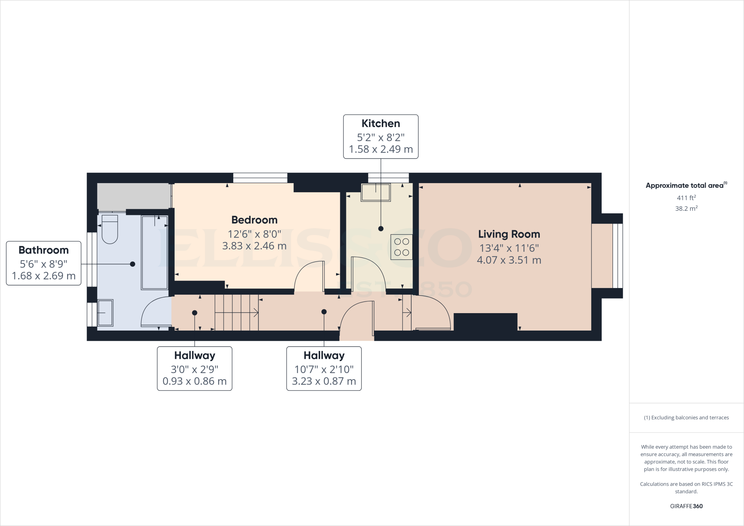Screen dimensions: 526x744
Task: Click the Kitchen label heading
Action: click(381, 124)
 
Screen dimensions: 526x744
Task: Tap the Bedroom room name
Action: click(254, 220)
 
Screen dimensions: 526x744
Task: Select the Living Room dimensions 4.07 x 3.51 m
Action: click(509, 260)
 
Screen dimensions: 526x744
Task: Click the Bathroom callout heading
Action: click(44, 250)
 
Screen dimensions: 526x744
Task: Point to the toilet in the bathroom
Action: click(110, 229)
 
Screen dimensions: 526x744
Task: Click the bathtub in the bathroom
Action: click(155, 253)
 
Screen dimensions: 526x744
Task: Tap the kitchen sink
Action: click(376, 193)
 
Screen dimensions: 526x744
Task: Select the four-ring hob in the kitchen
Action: click(401, 247)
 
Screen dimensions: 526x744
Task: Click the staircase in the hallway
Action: click(236, 312)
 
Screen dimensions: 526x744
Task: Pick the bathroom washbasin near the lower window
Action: click(105, 313)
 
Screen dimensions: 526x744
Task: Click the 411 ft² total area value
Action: click(686, 198)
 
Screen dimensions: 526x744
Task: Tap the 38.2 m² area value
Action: click(686, 209)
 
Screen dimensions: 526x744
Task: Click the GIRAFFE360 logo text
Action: click(686, 506)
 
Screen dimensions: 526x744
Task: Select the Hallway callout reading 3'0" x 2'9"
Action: click(195, 369)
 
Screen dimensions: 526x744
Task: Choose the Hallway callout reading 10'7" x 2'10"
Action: click(324, 369)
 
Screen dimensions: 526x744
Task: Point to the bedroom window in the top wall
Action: click(260, 178)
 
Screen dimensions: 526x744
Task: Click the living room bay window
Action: click(618, 256)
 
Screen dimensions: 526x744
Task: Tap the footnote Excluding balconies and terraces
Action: click(686, 418)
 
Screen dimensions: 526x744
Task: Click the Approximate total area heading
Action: click(685, 186)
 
